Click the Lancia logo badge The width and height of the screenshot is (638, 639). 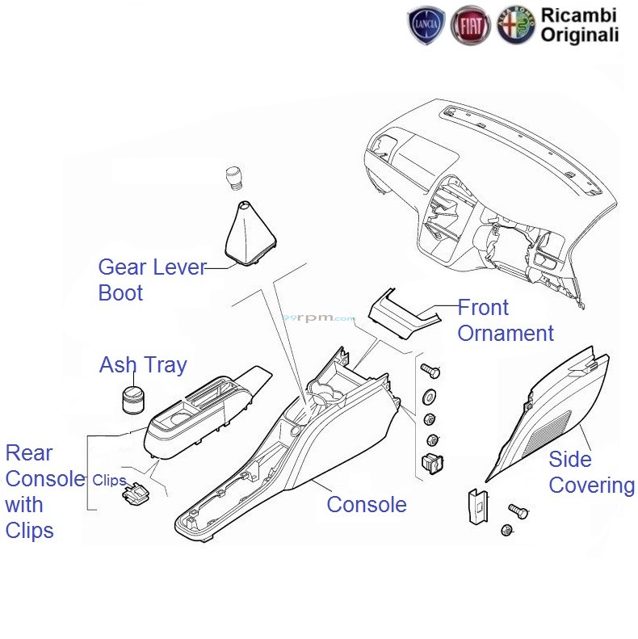[x=426, y=25]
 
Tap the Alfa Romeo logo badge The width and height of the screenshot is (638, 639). [x=516, y=25]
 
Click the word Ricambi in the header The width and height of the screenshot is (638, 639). [x=578, y=15]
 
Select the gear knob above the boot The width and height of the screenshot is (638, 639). [x=235, y=177]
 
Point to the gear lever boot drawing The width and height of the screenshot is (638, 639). [x=250, y=233]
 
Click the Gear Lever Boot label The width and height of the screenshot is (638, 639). [x=153, y=280]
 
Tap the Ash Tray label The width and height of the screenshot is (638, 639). [x=143, y=364]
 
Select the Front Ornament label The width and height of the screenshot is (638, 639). [x=506, y=320]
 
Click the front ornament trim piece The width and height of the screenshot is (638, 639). [x=403, y=313]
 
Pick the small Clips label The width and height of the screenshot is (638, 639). [x=109, y=480]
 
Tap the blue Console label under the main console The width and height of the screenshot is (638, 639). [x=367, y=505]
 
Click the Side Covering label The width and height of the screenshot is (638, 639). [x=591, y=472]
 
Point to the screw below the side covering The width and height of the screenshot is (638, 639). [x=518, y=511]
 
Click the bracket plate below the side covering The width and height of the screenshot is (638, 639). [x=477, y=507]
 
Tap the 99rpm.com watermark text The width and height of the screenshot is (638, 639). [x=319, y=317]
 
